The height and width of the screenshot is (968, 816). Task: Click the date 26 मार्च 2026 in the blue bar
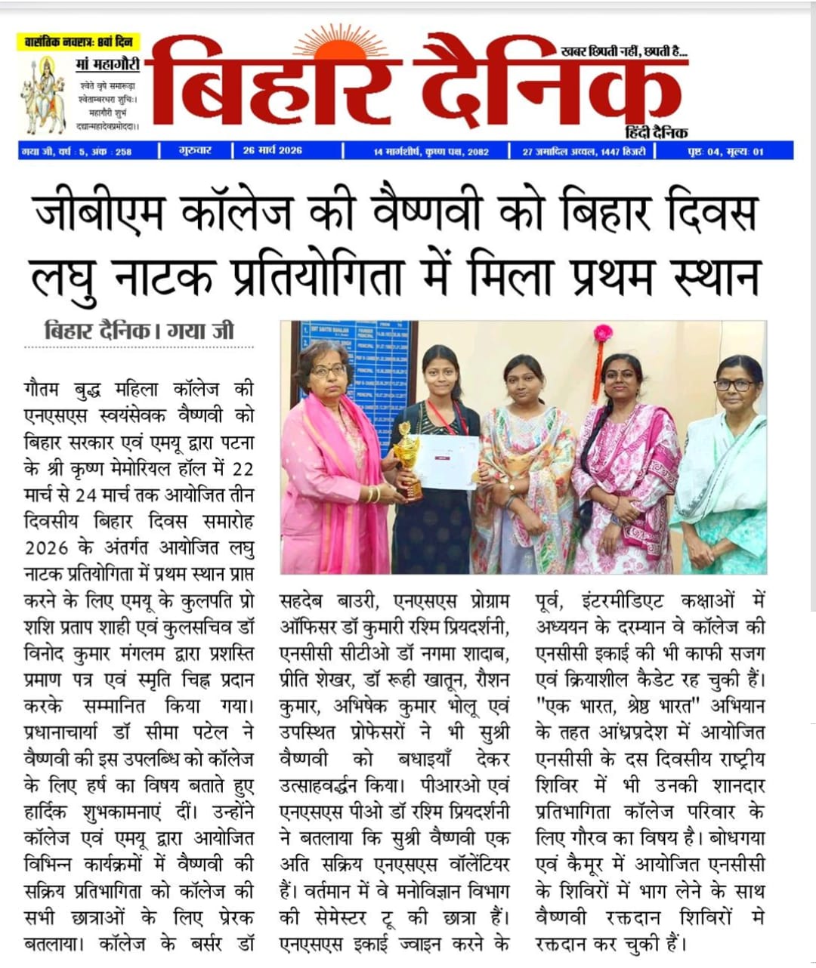[x=272, y=150]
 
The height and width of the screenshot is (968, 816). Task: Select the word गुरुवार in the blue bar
[x=195, y=150]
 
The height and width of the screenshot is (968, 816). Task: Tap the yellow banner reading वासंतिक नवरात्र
[x=79, y=42]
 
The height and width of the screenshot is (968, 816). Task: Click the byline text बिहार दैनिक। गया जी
[x=139, y=331]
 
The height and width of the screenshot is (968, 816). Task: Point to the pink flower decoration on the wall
[x=602, y=333]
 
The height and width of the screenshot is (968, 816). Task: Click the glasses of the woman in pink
[x=328, y=371]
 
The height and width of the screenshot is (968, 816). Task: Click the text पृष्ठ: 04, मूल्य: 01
[x=725, y=151]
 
